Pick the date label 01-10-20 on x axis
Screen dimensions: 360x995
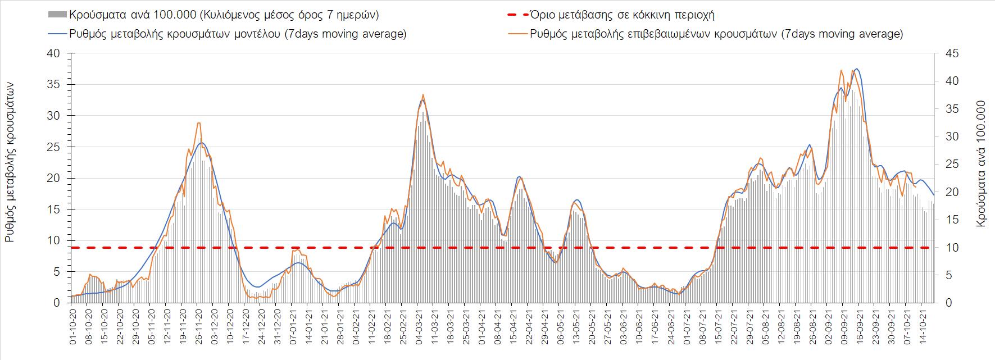(72, 323)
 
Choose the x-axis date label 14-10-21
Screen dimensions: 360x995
(921, 323)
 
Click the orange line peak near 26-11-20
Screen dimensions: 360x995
(199, 123)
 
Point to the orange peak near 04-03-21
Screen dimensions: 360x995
(422, 94)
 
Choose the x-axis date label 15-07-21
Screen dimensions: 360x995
(717, 323)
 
